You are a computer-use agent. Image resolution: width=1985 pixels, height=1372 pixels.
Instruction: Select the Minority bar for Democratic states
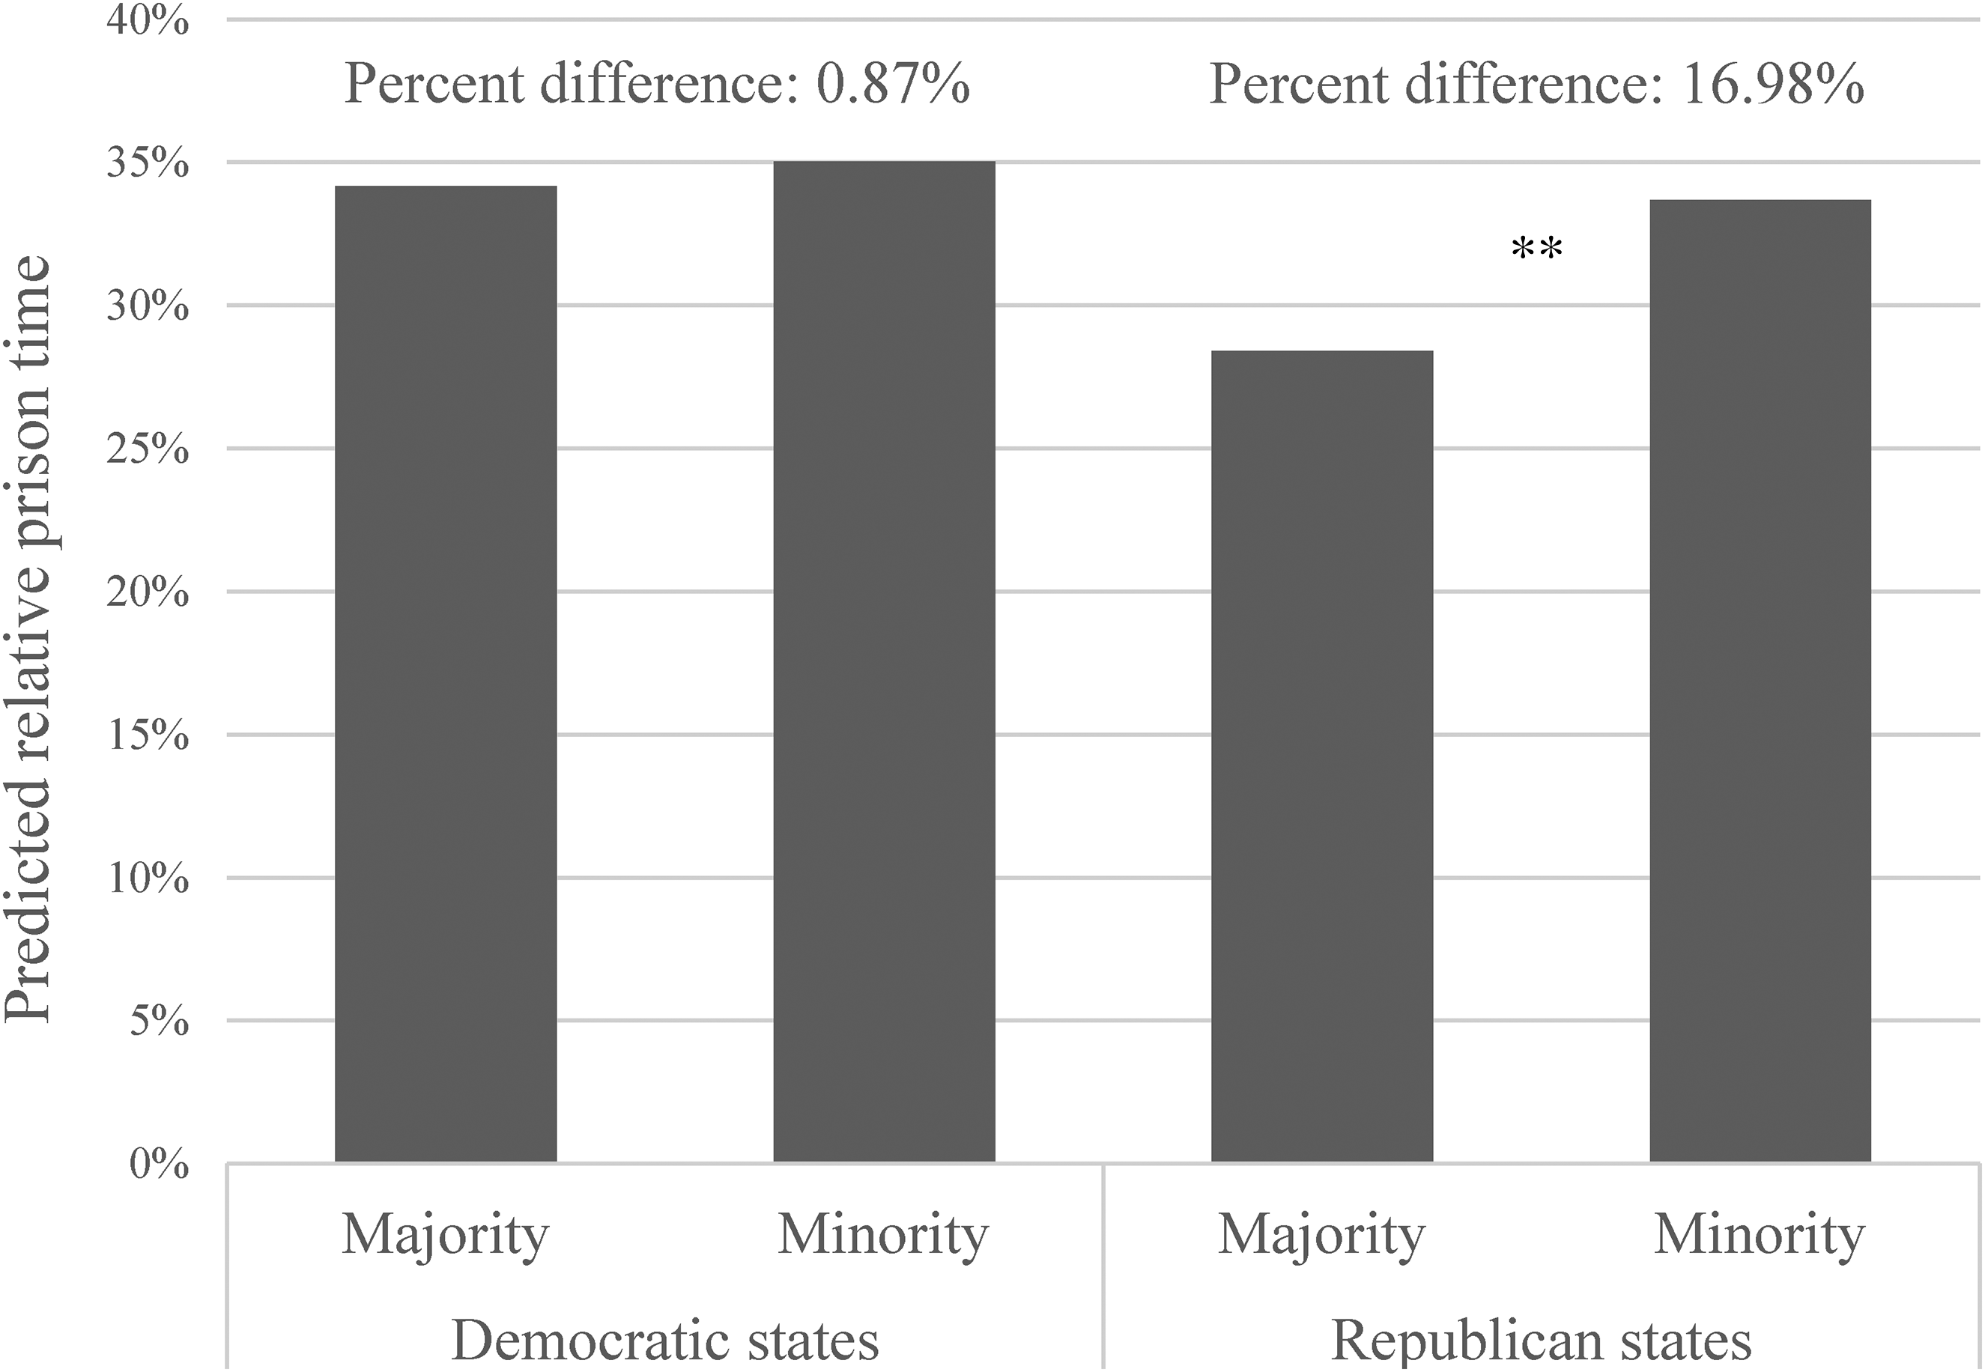tap(884, 661)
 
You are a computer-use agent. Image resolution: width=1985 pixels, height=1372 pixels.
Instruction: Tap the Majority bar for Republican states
tap(1322, 756)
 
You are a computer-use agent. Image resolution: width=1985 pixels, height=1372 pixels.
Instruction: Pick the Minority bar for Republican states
tap(1760, 681)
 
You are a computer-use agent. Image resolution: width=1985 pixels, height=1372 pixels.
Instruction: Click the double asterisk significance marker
tap(1536, 249)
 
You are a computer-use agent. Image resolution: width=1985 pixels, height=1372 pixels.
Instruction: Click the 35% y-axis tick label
tap(147, 163)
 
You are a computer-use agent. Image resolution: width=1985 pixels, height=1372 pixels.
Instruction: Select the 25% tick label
tap(147, 449)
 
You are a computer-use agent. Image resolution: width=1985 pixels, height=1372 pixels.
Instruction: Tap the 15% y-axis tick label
tap(147, 735)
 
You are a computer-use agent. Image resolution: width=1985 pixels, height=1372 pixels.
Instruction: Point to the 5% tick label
tap(159, 1022)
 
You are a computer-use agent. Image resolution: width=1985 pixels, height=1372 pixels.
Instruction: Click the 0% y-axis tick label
tap(159, 1165)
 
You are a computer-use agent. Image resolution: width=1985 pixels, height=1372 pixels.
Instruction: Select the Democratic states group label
tap(664, 1339)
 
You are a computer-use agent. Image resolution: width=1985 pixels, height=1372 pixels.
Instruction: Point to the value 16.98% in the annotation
tap(1774, 84)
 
